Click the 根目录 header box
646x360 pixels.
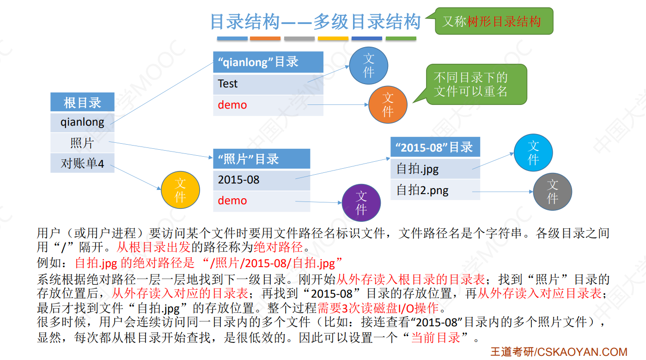(x=82, y=102)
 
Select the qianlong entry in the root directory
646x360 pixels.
(x=82, y=122)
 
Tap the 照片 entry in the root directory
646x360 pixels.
(x=82, y=143)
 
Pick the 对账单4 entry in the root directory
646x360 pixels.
(x=82, y=163)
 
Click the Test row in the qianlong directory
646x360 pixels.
(x=268, y=84)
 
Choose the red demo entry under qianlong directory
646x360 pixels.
(x=268, y=105)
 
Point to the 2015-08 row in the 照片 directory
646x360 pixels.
(x=261, y=180)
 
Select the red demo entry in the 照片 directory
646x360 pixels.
(x=261, y=201)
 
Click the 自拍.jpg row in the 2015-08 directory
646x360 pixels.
(x=435, y=169)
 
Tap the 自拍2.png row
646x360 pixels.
(x=435, y=190)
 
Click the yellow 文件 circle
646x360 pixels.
(x=180, y=190)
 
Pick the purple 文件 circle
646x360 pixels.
(x=361, y=202)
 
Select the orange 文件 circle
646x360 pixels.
(x=388, y=105)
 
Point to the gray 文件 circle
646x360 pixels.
(x=553, y=192)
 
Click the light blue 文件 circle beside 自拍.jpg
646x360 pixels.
(x=533, y=153)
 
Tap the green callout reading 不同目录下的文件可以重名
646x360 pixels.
(x=475, y=85)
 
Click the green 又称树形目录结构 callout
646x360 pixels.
(x=494, y=21)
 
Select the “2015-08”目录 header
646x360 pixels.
(x=435, y=147)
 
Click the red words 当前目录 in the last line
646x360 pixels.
(x=435, y=338)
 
